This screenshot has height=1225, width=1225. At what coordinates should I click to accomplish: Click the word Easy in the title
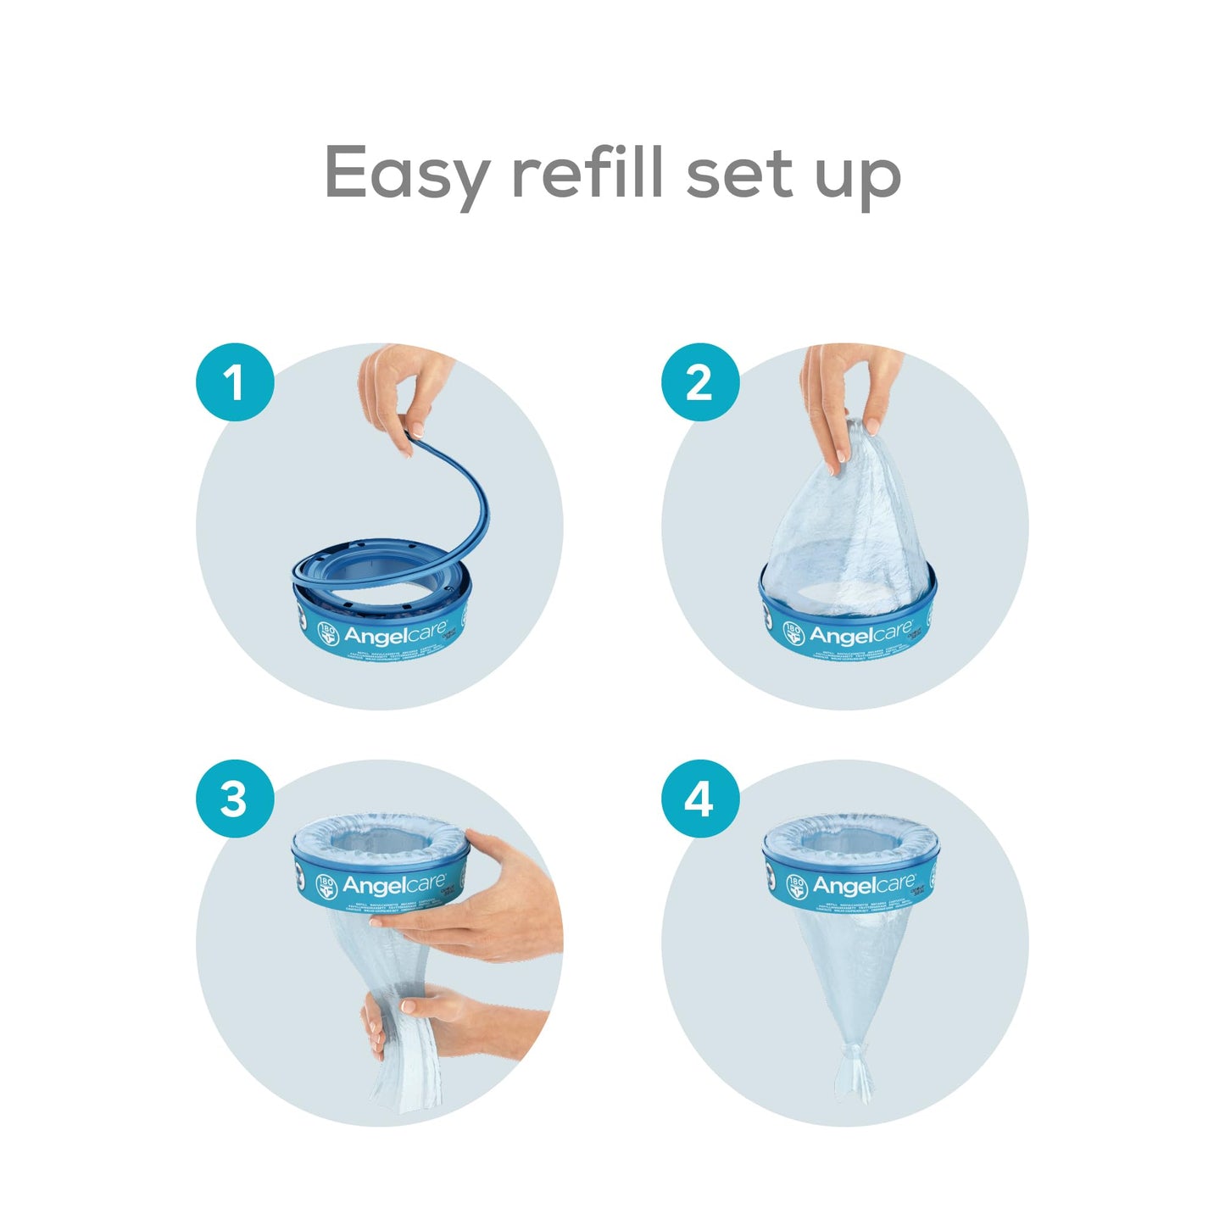coord(405,174)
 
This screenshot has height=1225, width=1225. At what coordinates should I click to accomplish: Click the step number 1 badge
coord(235,382)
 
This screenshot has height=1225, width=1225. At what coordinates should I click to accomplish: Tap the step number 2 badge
coord(699,382)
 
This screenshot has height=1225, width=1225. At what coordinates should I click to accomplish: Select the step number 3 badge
coord(235,799)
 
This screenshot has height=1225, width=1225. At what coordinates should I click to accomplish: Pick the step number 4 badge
coord(699,799)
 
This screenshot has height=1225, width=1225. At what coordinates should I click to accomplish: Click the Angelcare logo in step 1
coord(394,634)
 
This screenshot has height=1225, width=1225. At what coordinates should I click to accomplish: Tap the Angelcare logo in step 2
coord(860,634)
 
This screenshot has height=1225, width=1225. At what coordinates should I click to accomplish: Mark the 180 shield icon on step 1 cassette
coord(327,632)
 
